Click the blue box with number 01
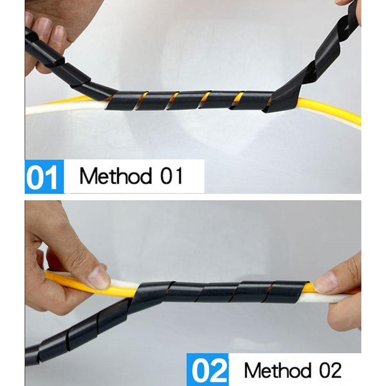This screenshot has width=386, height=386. coord(44,176)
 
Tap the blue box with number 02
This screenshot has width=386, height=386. coord(207,369)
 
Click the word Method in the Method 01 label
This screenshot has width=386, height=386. coord(115,176)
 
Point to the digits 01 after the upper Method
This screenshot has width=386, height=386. coord(172,176)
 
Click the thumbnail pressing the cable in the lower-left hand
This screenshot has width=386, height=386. coord(98,277)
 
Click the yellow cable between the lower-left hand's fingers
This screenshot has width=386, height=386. coord(74,283)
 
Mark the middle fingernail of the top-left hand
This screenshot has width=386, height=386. coord(45,26)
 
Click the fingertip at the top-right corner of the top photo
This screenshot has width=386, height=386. coord(345,2)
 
